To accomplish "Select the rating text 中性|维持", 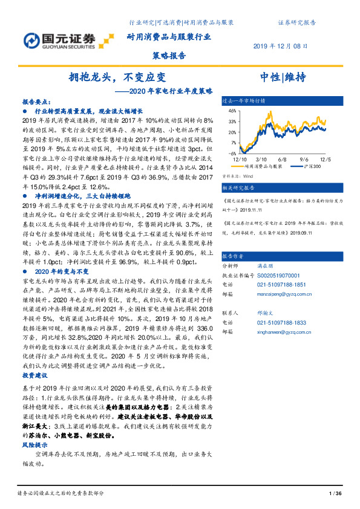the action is [283, 77].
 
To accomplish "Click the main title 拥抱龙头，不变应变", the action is [116, 77].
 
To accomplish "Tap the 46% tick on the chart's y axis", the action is [232, 111].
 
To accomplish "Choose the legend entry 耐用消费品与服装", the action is [264, 164].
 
